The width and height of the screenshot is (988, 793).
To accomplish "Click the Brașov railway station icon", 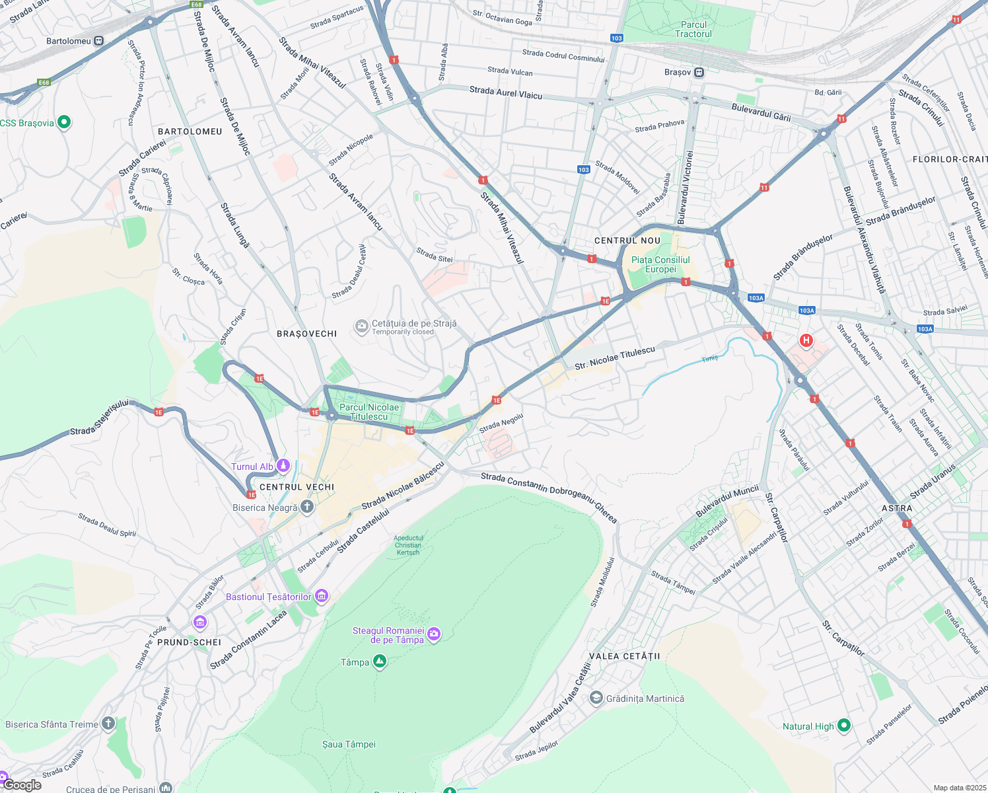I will click(699, 72).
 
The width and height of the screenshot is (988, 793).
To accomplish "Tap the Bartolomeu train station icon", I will click(98, 41).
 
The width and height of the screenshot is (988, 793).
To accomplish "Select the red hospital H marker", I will click(806, 340).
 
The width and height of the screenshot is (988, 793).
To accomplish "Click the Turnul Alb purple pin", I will click(283, 466).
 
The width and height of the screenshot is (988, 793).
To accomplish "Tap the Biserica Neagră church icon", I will click(306, 507).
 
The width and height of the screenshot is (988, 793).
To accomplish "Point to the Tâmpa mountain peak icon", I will click(379, 661).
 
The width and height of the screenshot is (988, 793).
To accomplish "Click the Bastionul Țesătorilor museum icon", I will click(321, 596).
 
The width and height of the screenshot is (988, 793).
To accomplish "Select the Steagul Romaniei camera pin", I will click(433, 634).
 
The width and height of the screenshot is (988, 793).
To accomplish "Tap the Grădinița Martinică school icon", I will click(596, 699).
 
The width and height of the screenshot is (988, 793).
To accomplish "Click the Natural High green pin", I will click(843, 726).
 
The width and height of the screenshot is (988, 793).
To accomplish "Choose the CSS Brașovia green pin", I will click(64, 122).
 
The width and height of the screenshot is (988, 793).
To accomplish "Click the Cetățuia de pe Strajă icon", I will click(361, 326).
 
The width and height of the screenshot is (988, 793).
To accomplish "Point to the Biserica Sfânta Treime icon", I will click(108, 724).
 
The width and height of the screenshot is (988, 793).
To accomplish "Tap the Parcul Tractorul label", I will click(693, 29).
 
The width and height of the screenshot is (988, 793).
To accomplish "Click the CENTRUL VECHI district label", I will click(297, 487).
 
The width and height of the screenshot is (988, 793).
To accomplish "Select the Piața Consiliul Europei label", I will click(660, 264).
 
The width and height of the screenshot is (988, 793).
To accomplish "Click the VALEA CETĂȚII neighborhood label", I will click(624, 656).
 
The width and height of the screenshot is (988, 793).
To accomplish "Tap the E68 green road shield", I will click(196, 5).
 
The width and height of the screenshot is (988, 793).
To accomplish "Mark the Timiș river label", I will click(709, 359).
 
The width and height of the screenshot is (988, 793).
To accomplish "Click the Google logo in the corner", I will click(22, 784).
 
